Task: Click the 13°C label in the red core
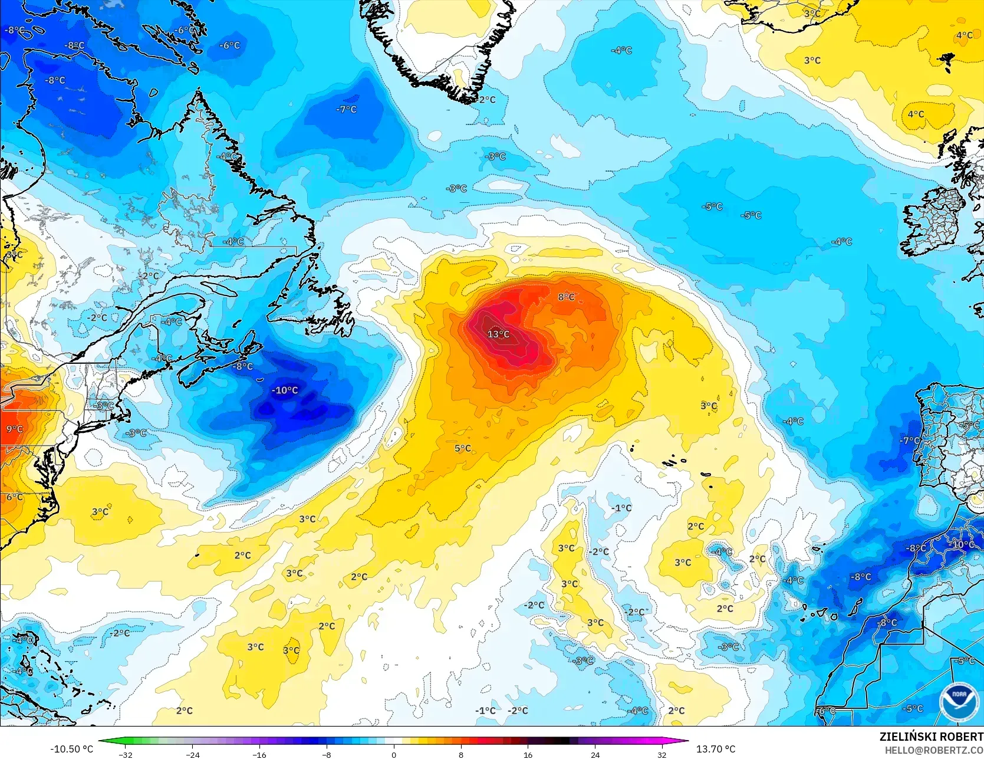pyautogui.click(x=498, y=334)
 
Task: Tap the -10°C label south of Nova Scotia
pyautogui.click(x=285, y=390)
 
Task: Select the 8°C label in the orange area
pyautogui.click(x=566, y=297)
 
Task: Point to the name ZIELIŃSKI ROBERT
pyautogui.click(x=931, y=737)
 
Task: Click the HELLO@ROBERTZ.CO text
pyautogui.click(x=934, y=750)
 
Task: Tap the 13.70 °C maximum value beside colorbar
pyautogui.click(x=716, y=749)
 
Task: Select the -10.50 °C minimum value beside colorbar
pyautogui.click(x=72, y=749)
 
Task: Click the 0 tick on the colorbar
pyautogui.click(x=394, y=755)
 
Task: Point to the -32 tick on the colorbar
pyautogui.click(x=125, y=755)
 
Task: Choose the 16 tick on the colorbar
pyautogui.click(x=528, y=755)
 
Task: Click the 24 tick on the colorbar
pyautogui.click(x=595, y=755)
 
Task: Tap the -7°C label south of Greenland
pyautogui.click(x=347, y=110)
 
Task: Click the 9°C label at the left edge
pyautogui.click(x=15, y=429)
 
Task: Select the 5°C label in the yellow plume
pyautogui.click(x=463, y=449)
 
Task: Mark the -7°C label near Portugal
pyautogui.click(x=909, y=441)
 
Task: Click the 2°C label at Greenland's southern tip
pyautogui.click(x=487, y=100)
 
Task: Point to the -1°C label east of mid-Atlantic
pyautogui.click(x=621, y=508)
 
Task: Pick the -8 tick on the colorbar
pyautogui.click(x=327, y=755)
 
